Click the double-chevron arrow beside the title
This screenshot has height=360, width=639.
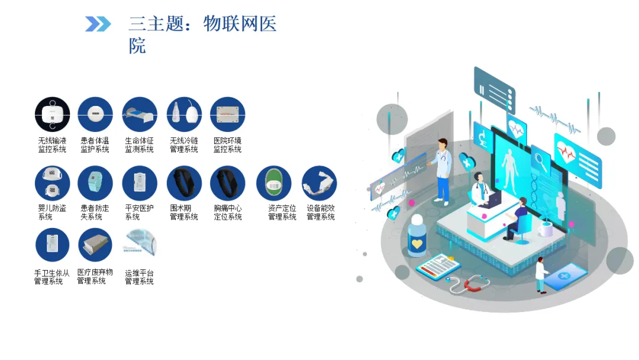click(98, 24)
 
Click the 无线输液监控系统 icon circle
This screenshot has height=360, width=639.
click(52, 114)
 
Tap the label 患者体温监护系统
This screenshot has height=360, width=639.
click(95, 144)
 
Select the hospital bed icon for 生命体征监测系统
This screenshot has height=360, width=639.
click(140, 114)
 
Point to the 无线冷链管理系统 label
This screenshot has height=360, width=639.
click(184, 144)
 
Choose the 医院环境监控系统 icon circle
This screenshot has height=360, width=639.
click(227, 114)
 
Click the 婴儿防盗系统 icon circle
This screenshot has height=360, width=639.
click(52, 183)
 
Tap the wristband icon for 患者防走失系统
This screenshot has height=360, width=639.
click(95, 183)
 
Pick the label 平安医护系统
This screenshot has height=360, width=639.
click(140, 213)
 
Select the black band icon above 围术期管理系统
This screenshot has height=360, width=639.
click(184, 183)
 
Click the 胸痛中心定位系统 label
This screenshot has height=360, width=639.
click(228, 213)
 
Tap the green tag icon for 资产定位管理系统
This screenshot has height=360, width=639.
click(274, 183)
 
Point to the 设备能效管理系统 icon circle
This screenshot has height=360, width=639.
click(319, 183)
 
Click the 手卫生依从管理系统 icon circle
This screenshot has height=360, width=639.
click(52, 245)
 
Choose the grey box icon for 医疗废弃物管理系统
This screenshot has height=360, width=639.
click(95, 245)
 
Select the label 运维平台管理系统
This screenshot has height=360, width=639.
click(140, 277)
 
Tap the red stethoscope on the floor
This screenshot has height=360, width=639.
click(469, 284)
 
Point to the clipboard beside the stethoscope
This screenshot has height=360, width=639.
click(438, 265)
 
